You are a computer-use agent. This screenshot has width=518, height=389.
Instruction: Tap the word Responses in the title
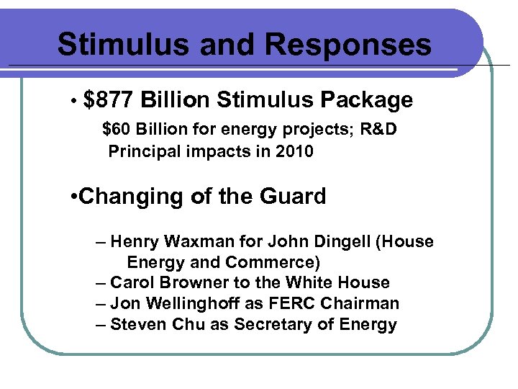click(x=348, y=45)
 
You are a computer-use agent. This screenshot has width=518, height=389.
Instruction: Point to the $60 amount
click(x=117, y=130)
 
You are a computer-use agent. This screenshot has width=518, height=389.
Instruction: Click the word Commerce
click(x=270, y=261)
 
